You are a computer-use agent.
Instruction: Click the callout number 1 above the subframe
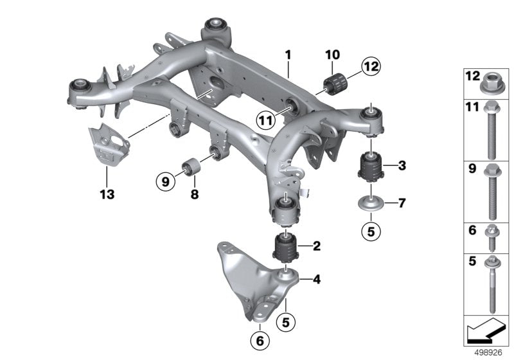pos(288,54)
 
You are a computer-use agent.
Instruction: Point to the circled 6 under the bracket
pos(261,340)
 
